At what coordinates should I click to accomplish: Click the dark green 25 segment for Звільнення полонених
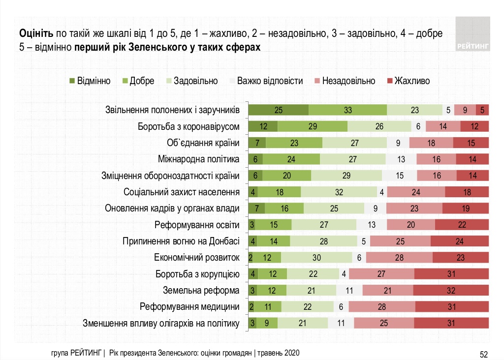[x=278, y=110]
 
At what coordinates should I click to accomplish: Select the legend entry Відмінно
[x=90, y=81]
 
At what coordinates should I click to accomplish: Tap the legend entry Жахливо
[x=409, y=81]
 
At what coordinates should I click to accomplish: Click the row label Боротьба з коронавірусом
[x=189, y=126]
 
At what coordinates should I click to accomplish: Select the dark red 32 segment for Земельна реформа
[x=451, y=290]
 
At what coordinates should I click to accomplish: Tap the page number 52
[x=483, y=353]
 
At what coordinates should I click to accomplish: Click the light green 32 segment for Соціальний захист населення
[x=339, y=192]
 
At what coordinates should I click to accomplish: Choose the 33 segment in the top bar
[x=347, y=110]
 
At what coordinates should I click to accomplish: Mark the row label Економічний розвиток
[x=197, y=257]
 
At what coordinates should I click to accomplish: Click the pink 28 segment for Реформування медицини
[x=381, y=306]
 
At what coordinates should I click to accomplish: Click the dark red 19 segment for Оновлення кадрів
[x=466, y=208]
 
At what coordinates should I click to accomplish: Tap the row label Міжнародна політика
[x=199, y=159]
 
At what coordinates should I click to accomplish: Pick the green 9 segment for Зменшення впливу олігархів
[x=268, y=323]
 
